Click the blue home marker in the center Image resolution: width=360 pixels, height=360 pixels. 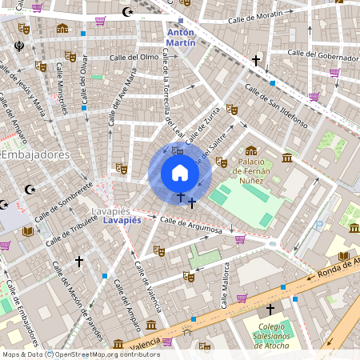(179, 173)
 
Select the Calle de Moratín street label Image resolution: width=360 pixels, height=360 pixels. (256, 18)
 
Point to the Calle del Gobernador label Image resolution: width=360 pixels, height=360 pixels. (322, 56)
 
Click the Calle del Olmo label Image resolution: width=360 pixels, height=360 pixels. (134, 57)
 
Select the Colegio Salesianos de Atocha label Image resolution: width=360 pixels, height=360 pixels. (270, 331)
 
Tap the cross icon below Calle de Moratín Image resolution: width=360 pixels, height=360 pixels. (256, 60)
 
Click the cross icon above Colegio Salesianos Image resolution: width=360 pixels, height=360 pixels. (270, 309)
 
